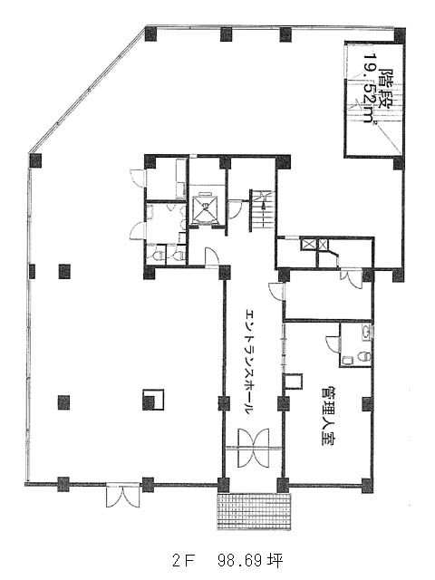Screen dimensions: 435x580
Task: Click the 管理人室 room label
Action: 328,416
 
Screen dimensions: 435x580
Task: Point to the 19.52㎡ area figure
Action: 371,90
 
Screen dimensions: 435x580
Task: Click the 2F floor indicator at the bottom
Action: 183,561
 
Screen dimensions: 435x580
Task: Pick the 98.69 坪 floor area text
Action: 250,561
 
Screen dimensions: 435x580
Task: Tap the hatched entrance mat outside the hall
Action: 254,511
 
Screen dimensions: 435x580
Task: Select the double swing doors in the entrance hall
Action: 254,448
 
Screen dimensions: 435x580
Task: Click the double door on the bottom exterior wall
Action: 123,496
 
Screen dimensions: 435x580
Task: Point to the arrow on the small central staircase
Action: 263,214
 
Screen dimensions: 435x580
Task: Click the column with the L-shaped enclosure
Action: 153,400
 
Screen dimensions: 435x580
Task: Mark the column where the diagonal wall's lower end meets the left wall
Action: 35,160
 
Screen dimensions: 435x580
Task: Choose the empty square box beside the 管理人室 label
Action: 294,381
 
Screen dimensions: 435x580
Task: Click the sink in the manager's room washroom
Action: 366,331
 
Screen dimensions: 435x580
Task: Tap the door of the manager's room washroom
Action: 333,343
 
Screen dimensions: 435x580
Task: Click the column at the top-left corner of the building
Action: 151,34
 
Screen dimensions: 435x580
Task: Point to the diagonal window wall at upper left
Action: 88,90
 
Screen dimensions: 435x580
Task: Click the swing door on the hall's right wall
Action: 276,291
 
